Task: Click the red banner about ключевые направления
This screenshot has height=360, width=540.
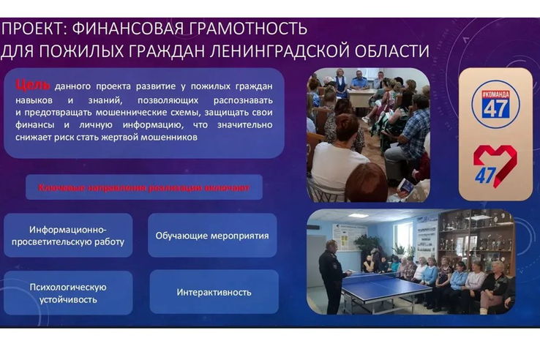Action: tap(143, 188)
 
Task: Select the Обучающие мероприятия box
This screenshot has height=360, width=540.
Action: tap(212, 236)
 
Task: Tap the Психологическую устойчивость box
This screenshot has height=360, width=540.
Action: tap(68, 293)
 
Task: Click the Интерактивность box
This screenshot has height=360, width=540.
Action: tap(214, 292)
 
